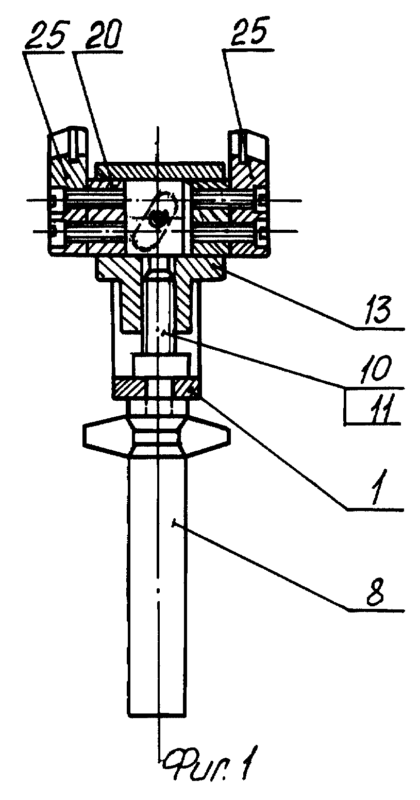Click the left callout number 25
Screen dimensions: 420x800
pyautogui.click(x=46, y=35)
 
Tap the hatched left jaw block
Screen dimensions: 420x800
pyautogui.click(x=69, y=193)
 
